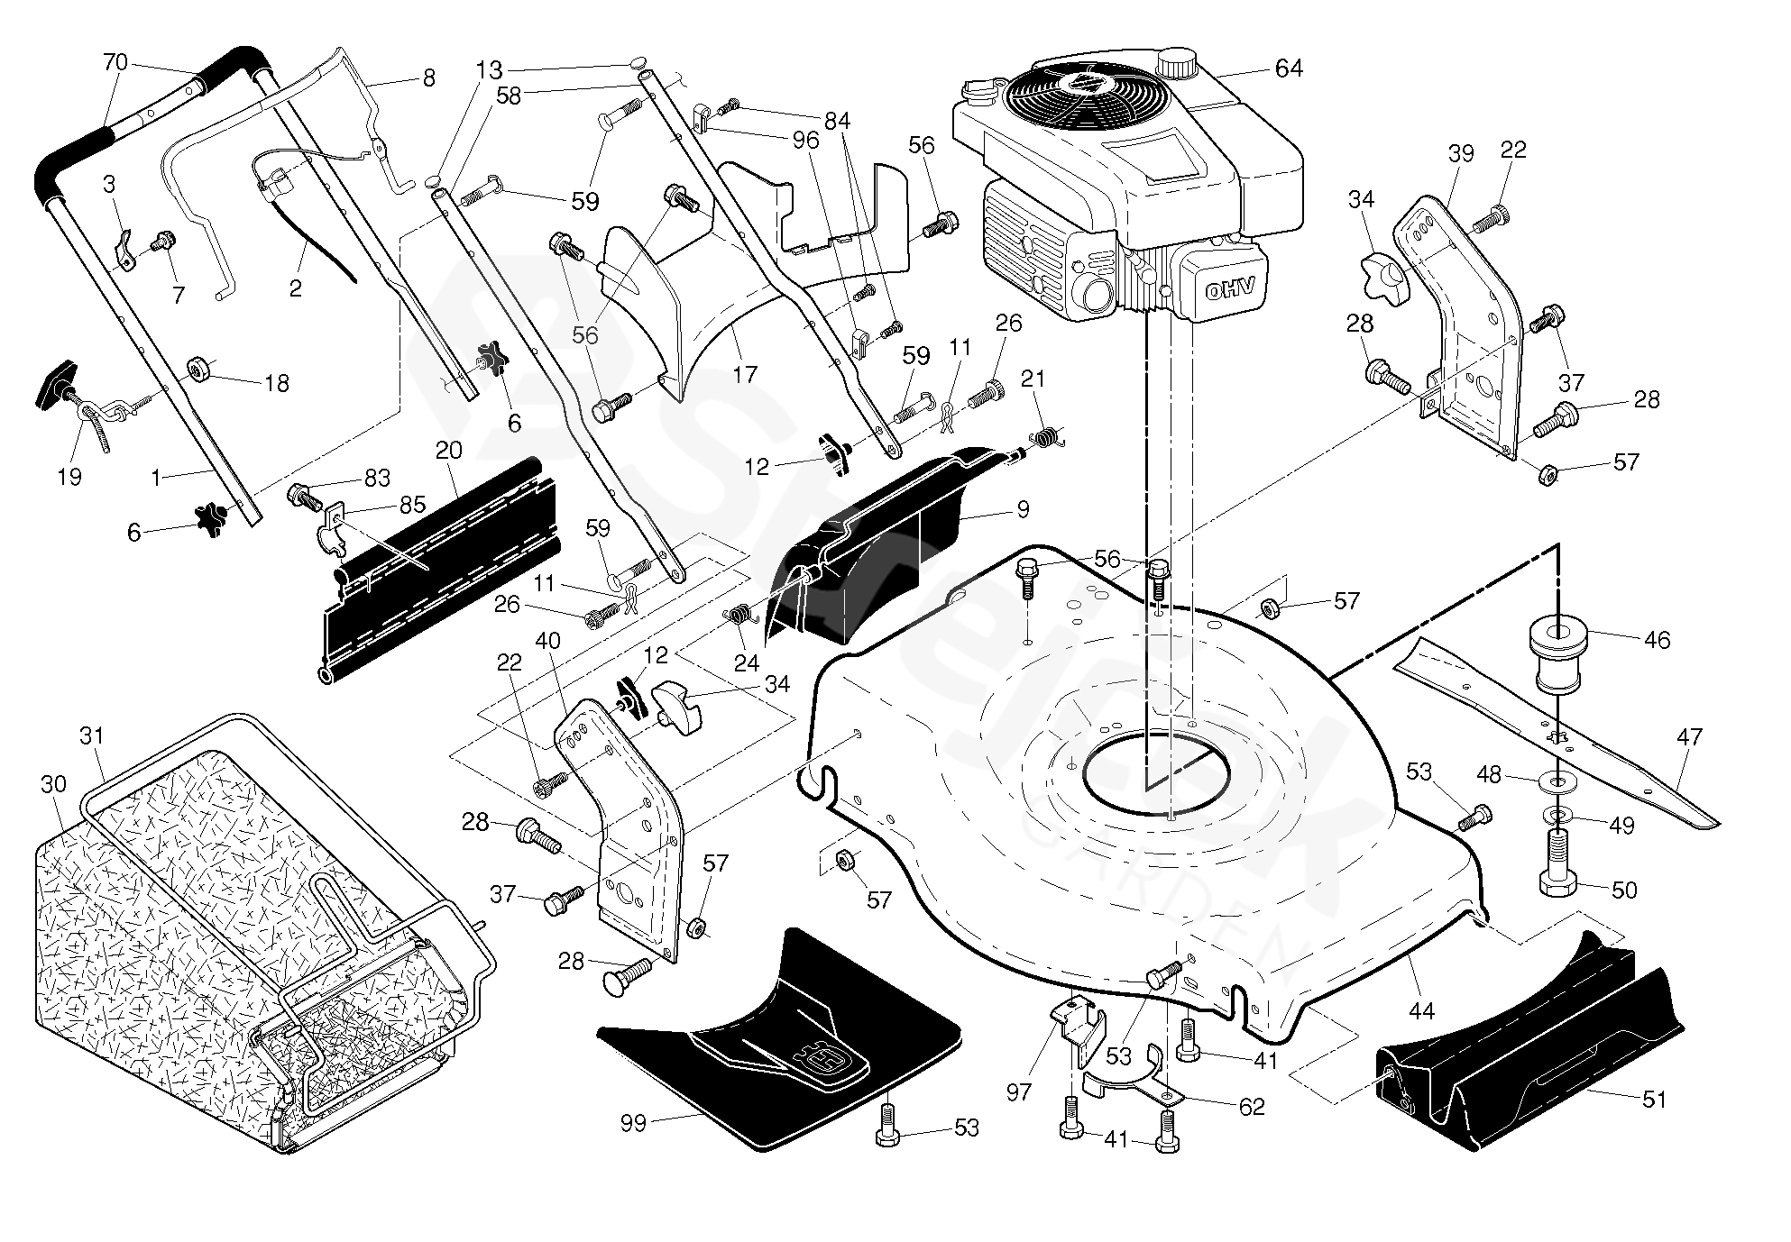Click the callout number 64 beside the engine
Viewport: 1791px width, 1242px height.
pos(1289,68)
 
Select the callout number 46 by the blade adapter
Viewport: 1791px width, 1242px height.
pos(1657,640)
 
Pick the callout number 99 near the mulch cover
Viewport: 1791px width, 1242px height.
pos(634,1124)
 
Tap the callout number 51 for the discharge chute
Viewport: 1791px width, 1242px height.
pos(1654,1100)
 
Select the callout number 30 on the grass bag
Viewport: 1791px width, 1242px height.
pos(53,784)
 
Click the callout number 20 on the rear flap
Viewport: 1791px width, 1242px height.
pos(448,452)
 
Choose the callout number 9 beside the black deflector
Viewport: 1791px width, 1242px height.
pos(1022,510)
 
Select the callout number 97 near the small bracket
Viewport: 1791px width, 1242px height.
pos(1018,1092)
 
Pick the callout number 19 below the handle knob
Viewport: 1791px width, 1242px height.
pos(69,476)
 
